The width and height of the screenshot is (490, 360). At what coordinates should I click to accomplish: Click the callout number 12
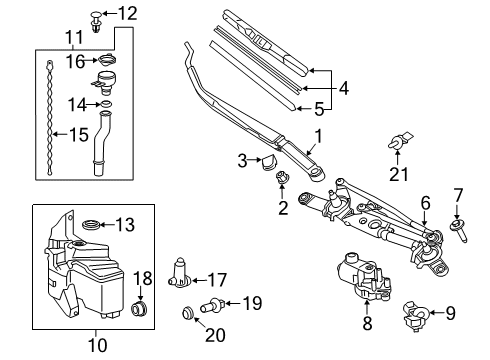pyautogui.click(x=126, y=13)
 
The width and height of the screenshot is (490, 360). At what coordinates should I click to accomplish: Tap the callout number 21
pyautogui.click(x=400, y=174)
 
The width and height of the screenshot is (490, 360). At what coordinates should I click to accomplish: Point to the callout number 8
pyautogui.click(x=366, y=325)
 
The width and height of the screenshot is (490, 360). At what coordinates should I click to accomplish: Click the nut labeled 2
pyautogui.click(x=282, y=179)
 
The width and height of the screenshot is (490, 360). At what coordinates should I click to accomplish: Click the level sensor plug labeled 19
pyautogui.click(x=213, y=303)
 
